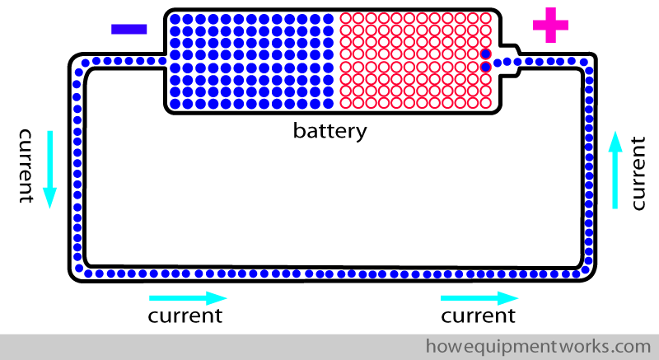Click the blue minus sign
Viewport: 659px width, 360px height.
tap(129, 29)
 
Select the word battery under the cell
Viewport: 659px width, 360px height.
tap(329, 130)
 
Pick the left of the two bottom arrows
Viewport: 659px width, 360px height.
tap(188, 297)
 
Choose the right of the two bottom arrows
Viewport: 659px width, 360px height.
tap(479, 297)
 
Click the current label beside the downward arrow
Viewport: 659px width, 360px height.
tap(25, 165)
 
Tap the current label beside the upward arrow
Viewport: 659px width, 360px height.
tap(638, 174)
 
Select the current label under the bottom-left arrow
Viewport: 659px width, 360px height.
tap(185, 316)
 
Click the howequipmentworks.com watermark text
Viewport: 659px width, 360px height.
tap(538, 344)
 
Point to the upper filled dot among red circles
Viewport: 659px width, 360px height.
tap(486, 54)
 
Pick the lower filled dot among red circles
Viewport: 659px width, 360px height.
tap(486, 66)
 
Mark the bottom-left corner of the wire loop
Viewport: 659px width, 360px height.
tap(79, 271)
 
